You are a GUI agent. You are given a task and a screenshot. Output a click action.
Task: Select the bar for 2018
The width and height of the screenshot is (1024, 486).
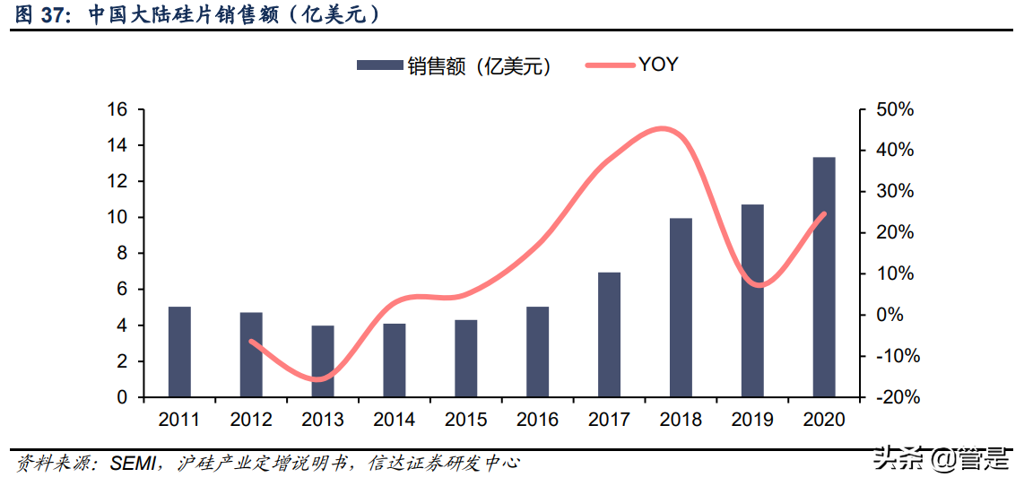(681, 307)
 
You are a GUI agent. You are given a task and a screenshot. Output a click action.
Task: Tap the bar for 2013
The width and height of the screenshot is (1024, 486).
(323, 360)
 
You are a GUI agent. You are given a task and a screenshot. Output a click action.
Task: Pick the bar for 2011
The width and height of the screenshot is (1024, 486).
(179, 351)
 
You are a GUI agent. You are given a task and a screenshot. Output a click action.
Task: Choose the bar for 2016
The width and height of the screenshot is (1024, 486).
(537, 351)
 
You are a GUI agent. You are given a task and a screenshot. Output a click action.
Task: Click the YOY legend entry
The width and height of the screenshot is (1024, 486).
(631, 65)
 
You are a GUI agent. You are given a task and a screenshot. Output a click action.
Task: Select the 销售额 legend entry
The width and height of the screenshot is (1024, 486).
(453, 65)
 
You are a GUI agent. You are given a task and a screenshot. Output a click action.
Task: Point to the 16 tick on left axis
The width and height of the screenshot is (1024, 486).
(117, 109)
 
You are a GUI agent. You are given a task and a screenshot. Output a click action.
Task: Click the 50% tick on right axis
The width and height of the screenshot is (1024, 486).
(895, 109)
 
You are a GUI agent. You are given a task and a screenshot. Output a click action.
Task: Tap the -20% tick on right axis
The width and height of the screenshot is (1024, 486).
(893, 397)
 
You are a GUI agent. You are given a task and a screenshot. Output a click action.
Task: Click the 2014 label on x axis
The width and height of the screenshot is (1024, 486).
(395, 420)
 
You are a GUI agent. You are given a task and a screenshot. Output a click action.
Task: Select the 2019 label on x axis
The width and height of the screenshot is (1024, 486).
(752, 420)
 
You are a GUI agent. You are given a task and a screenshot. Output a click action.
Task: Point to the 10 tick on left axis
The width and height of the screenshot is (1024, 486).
(117, 217)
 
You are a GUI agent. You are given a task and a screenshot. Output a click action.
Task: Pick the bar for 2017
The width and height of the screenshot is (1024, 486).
(609, 334)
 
